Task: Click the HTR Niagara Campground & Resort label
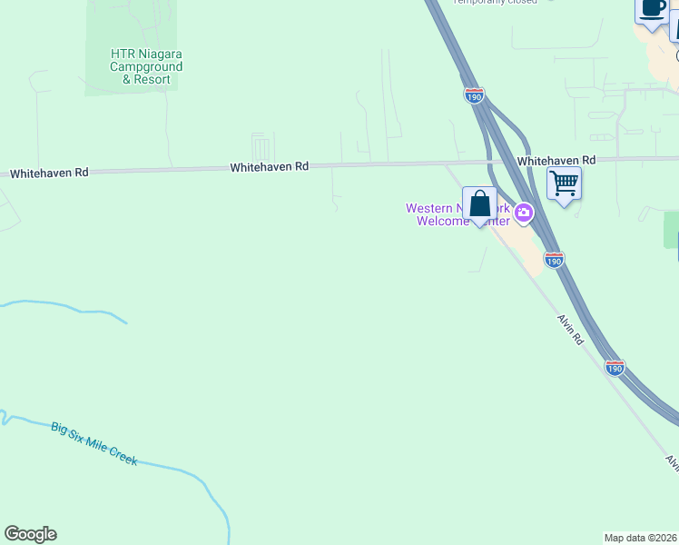146,67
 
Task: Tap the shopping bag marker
479,204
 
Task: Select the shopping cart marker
564,184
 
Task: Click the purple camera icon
524,213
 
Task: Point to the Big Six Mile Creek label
93,444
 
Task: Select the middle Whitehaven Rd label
270,167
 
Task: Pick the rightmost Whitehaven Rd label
556,160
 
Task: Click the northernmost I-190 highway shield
473,95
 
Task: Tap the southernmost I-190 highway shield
615,367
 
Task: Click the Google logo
30,534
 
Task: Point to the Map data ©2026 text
640,538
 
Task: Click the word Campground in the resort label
146,67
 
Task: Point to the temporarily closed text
495,2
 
